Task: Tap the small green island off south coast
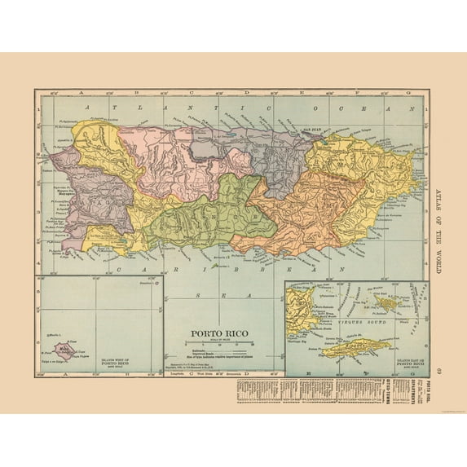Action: pyautogui.click(x=214, y=265)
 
